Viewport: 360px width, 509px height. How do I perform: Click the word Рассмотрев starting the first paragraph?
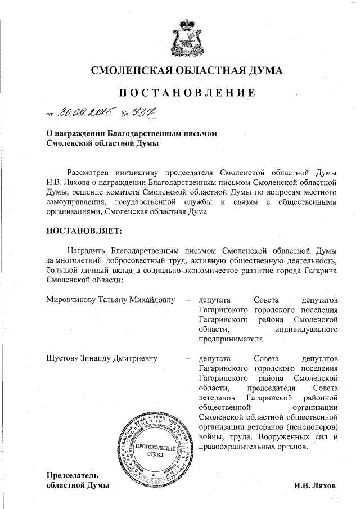90,172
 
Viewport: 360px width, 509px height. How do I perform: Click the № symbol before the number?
125,116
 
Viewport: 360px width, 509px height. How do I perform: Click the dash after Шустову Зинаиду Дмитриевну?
188,357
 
